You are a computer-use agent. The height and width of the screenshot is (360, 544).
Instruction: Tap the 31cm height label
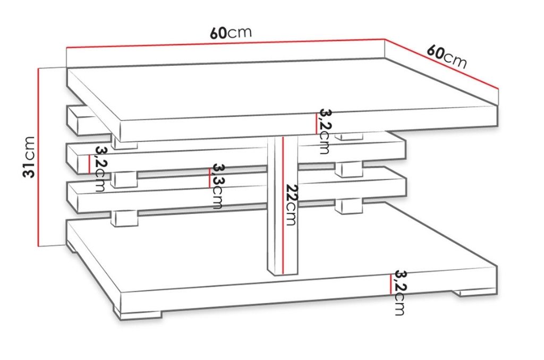pos(30,157)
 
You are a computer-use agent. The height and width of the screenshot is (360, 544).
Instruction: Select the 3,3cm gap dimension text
pos(217,186)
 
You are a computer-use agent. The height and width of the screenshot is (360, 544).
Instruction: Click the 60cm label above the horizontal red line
pos(231,32)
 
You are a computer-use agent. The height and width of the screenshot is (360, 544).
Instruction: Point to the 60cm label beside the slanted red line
pos(447,56)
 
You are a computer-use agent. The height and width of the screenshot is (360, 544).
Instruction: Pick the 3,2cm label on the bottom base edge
pos(400,293)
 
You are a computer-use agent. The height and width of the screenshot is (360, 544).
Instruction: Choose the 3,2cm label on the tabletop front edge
pos(325,132)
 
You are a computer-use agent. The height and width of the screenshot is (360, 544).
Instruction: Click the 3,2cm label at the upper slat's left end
pos(100,169)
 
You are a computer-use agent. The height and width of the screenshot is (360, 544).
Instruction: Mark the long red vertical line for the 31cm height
pos(38,157)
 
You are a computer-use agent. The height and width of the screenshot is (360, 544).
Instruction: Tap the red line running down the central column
pos(283,205)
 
